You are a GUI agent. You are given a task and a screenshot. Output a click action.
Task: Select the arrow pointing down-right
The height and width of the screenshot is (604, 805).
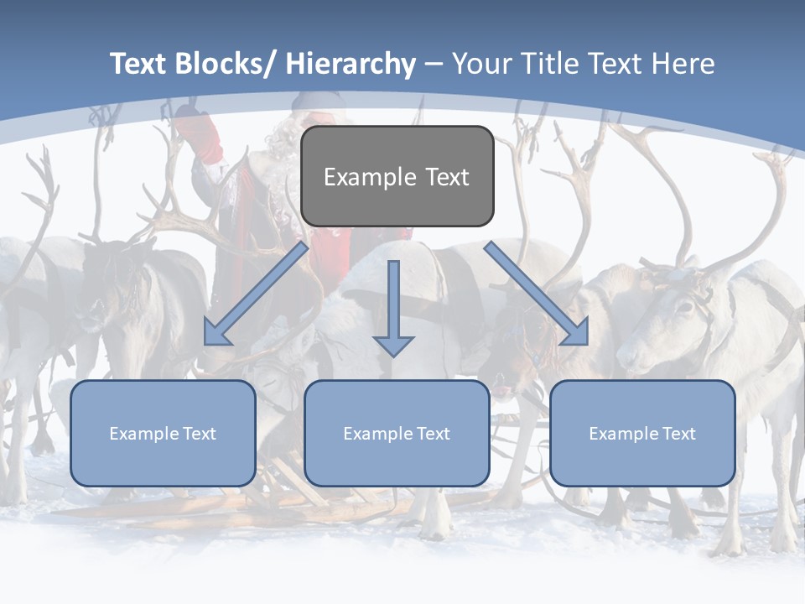pyautogui.click(x=536, y=293)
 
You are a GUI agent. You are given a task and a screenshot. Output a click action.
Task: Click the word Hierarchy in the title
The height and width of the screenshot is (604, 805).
pyautogui.click(x=351, y=64)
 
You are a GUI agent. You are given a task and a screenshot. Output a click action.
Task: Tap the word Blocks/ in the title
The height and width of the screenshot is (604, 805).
pyautogui.click(x=224, y=64)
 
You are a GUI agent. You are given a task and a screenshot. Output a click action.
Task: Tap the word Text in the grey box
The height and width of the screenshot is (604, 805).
pyautogui.click(x=447, y=177)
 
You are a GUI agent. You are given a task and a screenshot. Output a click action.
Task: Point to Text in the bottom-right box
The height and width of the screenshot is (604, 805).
pyautogui.click(x=678, y=434)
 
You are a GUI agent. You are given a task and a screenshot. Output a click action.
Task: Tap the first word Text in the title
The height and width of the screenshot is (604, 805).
pyautogui.click(x=139, y=64)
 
